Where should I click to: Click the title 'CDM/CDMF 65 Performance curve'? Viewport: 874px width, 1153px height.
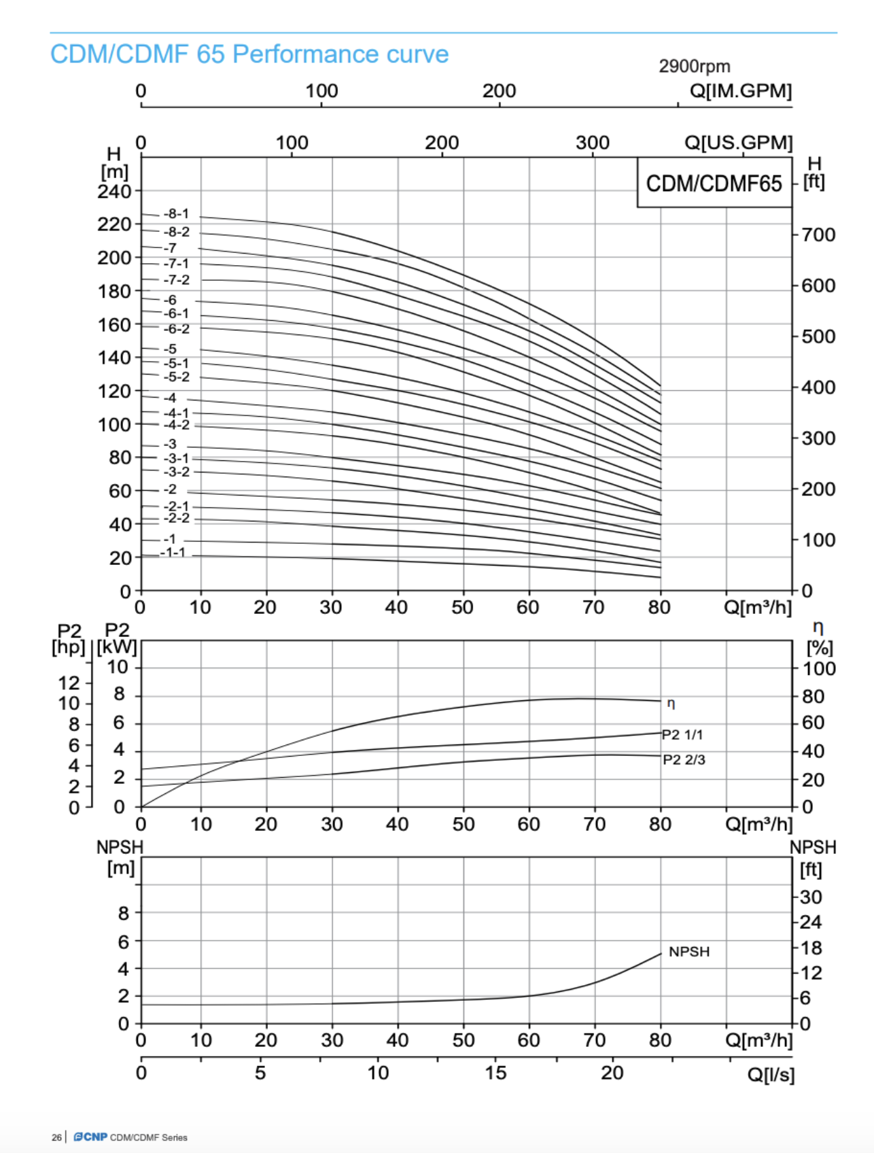pos(249,54)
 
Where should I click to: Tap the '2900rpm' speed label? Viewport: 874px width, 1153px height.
pos(694,67)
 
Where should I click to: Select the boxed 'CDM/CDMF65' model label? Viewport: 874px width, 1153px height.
pos(714,184)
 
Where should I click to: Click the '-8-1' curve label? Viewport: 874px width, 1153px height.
pos(176,214)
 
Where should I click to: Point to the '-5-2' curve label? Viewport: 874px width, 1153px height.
pos(176,377)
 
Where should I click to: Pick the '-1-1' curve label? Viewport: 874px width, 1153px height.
pos(173,553)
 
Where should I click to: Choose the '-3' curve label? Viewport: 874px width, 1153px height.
pos(170,445)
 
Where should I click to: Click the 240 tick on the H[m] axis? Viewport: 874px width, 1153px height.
pos(114,192)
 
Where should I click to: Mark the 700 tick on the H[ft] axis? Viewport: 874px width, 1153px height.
pos(818,235)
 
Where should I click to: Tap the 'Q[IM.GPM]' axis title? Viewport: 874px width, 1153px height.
pos(740,91)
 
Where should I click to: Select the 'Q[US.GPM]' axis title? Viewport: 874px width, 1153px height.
pos(738,143)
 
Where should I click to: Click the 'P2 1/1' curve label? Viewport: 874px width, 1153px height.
pos(682,735)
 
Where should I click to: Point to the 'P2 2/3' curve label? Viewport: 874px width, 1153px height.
pos(684,760)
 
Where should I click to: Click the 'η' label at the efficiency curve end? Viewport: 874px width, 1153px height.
pos(671,704)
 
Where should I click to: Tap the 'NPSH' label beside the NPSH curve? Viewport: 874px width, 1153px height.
pos(688,952)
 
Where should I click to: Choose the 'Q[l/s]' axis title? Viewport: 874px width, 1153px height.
pos(771,1075)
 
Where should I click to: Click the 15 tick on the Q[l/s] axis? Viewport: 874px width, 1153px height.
pos(495,1073)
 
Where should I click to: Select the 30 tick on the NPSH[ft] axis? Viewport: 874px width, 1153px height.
pos(811,897)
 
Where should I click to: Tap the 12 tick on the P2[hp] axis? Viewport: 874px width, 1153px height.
pos(69,683)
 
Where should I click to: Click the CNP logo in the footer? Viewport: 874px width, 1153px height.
pos(90,1137)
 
